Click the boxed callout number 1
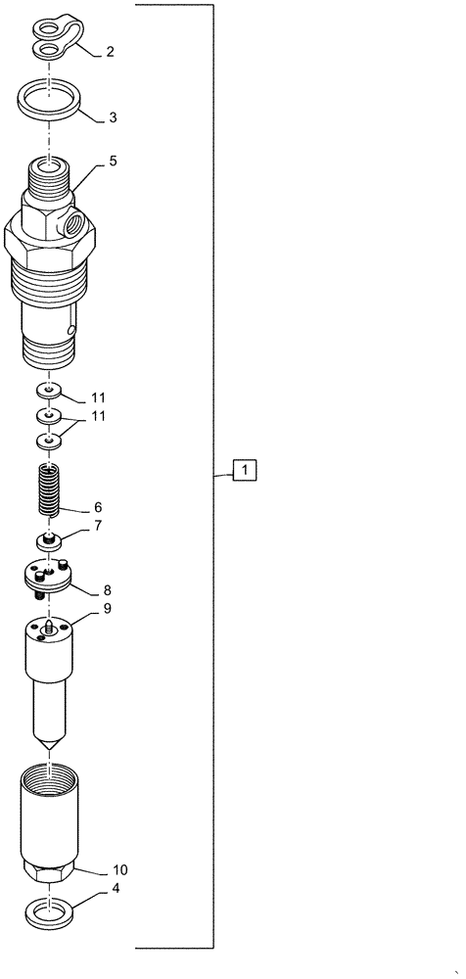click(x=244, y=472)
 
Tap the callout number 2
click(x=110, y=51)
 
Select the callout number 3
click(x=113, y=117)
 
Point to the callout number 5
click(x=113, y=162)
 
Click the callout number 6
click(x=98, y=508)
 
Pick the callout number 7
click(x=98, y=527)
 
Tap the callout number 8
click(x=107, y=590)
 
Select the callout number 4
click(x=116, y=889)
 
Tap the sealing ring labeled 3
click(x=48, y=99)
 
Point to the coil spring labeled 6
click(x=49, y=489)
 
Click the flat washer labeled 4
click(x=49, y=915)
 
